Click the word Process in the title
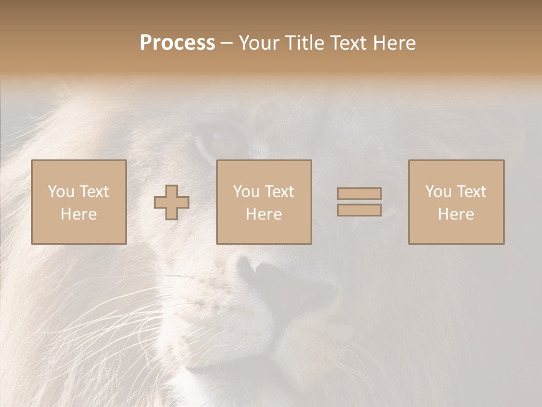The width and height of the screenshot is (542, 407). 177,43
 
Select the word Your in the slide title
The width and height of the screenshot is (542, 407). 260,43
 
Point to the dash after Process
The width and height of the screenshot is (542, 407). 227,44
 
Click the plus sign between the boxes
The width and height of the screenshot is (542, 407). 172,202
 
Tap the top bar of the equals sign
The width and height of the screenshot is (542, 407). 359,193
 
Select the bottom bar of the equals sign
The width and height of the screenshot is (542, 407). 359,210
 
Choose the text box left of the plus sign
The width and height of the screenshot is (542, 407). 79,202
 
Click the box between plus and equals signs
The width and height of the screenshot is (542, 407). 264,202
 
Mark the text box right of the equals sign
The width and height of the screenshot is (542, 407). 456,202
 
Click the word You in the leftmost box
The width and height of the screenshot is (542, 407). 61,191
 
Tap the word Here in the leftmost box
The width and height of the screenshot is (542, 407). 78,214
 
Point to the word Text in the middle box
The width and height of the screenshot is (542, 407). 279,191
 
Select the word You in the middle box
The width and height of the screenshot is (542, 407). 246,191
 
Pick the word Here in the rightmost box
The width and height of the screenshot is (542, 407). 456,214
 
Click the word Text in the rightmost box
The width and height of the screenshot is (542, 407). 471,191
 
